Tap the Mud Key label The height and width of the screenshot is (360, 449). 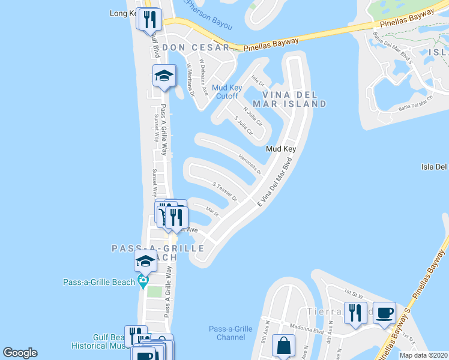tap(282, 149)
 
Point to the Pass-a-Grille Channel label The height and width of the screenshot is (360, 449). tap(231, 333)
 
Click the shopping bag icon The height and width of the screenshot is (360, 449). tap(283, 346)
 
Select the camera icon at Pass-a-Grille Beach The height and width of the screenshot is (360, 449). tap(143, 281)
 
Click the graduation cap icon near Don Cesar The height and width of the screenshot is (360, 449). tap(164, 76)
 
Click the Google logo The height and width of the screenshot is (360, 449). tap(20, 353)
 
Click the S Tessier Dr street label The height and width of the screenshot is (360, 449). tap(225, 191)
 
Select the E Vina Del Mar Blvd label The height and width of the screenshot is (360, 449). tap(274, 182)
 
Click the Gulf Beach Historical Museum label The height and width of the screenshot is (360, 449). tap(99, 341)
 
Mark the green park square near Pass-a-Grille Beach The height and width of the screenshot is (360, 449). tap(155, 292)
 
